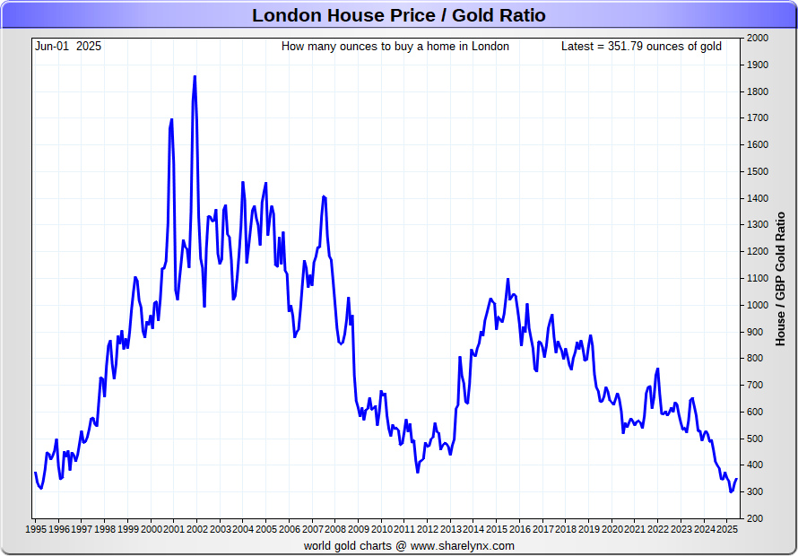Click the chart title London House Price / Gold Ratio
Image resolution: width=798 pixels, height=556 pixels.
click(x=398, y=15)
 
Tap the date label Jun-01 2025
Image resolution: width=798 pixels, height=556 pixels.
click(x=68, y=46)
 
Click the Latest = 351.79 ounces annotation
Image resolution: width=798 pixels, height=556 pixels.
click(x=641, y=46)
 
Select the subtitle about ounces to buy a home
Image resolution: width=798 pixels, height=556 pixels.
click(x=395, y=46)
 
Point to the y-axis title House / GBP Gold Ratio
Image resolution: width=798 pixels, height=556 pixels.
click(x=780, y=278)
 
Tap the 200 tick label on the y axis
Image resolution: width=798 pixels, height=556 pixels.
click(x=755, y=518)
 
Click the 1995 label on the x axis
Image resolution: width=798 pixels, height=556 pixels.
click(x=35, y=529)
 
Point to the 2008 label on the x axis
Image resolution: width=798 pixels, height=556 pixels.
click(x=334, y=529)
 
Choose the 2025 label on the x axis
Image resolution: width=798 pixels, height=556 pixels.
click(x=726, y=529)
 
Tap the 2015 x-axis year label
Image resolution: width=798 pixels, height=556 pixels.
click(x=496, y=529)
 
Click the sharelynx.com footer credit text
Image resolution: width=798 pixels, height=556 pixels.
click(x=409, y=545)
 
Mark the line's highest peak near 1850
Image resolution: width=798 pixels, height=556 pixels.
click(x=195, y=77)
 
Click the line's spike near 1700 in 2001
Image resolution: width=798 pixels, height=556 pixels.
click(x=171, y=119)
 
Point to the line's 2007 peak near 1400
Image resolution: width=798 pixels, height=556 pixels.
click(x=323, y=195)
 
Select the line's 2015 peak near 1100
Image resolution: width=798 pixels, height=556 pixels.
click(x=507, y=279)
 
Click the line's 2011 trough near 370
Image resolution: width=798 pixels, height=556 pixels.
click(x=417, y=472)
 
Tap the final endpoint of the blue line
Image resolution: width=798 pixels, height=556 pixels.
click(x=736, y=478)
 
